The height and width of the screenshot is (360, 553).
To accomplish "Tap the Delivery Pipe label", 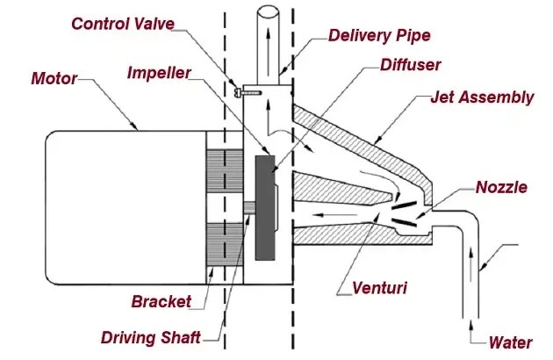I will point(378,36).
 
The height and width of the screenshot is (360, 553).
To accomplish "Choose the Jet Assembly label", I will point(481,97).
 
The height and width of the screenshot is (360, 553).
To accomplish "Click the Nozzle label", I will point(501,187).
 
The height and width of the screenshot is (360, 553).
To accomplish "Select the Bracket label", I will point(162,301).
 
